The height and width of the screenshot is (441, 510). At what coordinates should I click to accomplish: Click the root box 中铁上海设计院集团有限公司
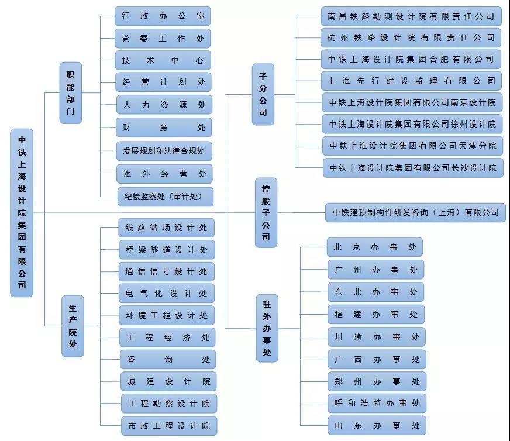pos(22,212)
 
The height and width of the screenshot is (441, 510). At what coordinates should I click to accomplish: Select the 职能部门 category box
pos(71,92)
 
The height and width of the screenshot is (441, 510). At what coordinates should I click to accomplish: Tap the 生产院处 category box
pos(73,326)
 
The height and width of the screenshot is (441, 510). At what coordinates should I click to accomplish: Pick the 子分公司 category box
pos(263,94)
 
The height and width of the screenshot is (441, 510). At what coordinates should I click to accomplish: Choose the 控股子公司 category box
pos(266,212)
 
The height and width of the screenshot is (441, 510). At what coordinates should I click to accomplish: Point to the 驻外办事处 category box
pos(267,328)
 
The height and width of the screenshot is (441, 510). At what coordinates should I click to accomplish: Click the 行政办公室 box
pos(163,16)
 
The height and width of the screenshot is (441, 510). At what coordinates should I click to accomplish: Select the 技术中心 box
pos(163,60)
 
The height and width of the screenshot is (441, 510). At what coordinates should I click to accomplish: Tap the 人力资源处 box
pos(164,105)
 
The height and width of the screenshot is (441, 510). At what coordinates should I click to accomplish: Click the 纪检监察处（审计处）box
pos(165,197)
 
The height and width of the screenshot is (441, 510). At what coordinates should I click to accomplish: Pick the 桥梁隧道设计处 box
pos(167,250)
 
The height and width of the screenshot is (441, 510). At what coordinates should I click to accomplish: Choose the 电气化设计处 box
pos(167,293)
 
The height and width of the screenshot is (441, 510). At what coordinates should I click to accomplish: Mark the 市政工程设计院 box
pos(169,425)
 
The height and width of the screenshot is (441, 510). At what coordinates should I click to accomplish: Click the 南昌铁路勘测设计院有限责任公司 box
pos(411,16)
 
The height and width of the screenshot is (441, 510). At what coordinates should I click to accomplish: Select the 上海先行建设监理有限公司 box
pos(411,81)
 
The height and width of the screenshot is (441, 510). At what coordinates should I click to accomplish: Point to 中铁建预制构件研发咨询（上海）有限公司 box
pos(415,212)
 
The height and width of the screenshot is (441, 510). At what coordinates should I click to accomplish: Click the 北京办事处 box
pos(375,247)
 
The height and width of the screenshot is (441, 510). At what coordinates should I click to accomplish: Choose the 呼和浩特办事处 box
pos(377,403)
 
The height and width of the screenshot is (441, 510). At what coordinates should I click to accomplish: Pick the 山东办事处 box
pos(377,425)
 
